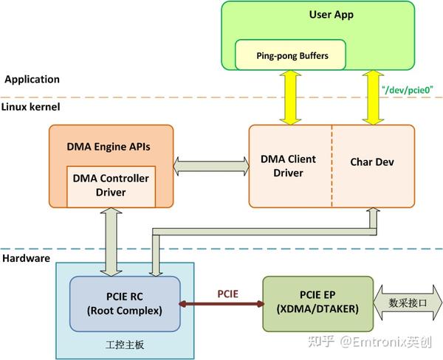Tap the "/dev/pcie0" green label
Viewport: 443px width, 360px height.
click(x=407, y=89)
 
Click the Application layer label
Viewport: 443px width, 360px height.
click(x=32, y=79)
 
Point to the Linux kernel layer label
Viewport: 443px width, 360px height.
click(x=32, y=107)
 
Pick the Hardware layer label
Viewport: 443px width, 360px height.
click(x=26, y=258)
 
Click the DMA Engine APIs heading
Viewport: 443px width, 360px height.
click(x=110, y=146)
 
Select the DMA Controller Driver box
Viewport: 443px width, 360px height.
click(x=110, y=185)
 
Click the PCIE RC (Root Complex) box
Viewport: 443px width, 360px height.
click(x=124, y=303)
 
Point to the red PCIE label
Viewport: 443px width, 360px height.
click(x=227, y=294)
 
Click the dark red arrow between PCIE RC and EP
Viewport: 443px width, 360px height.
click(x=221, y=304)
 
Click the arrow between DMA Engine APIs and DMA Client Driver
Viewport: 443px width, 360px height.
click(x=210, y=160)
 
